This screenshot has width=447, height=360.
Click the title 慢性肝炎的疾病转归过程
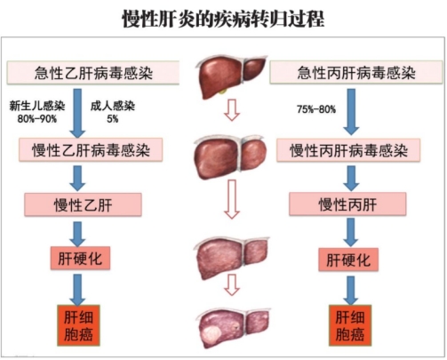click(x=223, y=19)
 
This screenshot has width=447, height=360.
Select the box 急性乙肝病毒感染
click(x=93, y=73)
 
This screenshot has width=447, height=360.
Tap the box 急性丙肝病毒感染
click(x=356, y=72)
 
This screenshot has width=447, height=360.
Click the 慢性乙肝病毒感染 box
click(x=91, y=149)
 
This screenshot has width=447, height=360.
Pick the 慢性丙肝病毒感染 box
click(x=348, y=150)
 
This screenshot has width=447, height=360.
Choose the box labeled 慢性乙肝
click(x=83, y=204)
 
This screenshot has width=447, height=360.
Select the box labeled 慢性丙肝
click(x=347, y=204)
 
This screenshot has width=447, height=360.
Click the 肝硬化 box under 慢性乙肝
click(x=80, y=258)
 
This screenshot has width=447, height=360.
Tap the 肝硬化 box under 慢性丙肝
click(x=348, y=260)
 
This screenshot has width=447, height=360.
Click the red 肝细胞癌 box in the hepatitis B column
click(x=78, y=325)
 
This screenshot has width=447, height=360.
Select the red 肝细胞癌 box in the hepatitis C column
click(x=350, y=325)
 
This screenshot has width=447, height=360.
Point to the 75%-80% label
click(x=316, y=109)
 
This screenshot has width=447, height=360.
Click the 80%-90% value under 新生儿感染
click(x=37, y=119)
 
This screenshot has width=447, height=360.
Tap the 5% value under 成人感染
click(x=113, y=119)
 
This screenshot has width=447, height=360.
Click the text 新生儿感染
click(x=37, y=106)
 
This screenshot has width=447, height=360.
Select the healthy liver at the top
click(x=231, y=76)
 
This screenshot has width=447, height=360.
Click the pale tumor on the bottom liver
click(x=212, y=333)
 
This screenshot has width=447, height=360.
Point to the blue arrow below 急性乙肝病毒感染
click(x=77, y=114)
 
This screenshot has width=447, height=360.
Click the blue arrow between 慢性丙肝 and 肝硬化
click(x=351, y=232)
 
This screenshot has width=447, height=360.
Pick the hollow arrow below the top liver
click(x=232, y=110)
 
